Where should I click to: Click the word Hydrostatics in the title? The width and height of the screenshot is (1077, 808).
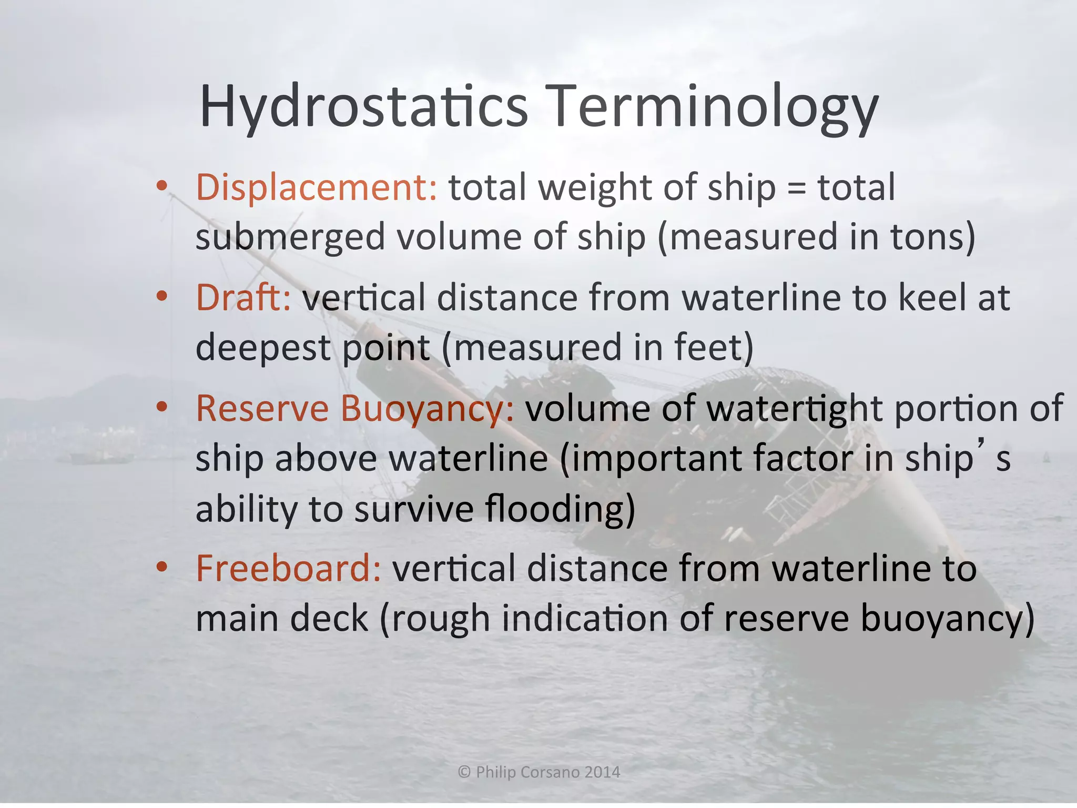tap(363, 107)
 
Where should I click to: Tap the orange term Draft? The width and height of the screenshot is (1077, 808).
tap(243, 298)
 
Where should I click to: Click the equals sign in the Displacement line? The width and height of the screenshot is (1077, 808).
tap(797, 188)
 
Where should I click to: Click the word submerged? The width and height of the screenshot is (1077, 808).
tap(291, 237)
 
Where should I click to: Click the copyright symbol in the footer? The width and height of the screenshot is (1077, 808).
tap(464, 772)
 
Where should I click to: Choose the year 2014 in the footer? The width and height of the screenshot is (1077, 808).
tap(603, 772)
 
